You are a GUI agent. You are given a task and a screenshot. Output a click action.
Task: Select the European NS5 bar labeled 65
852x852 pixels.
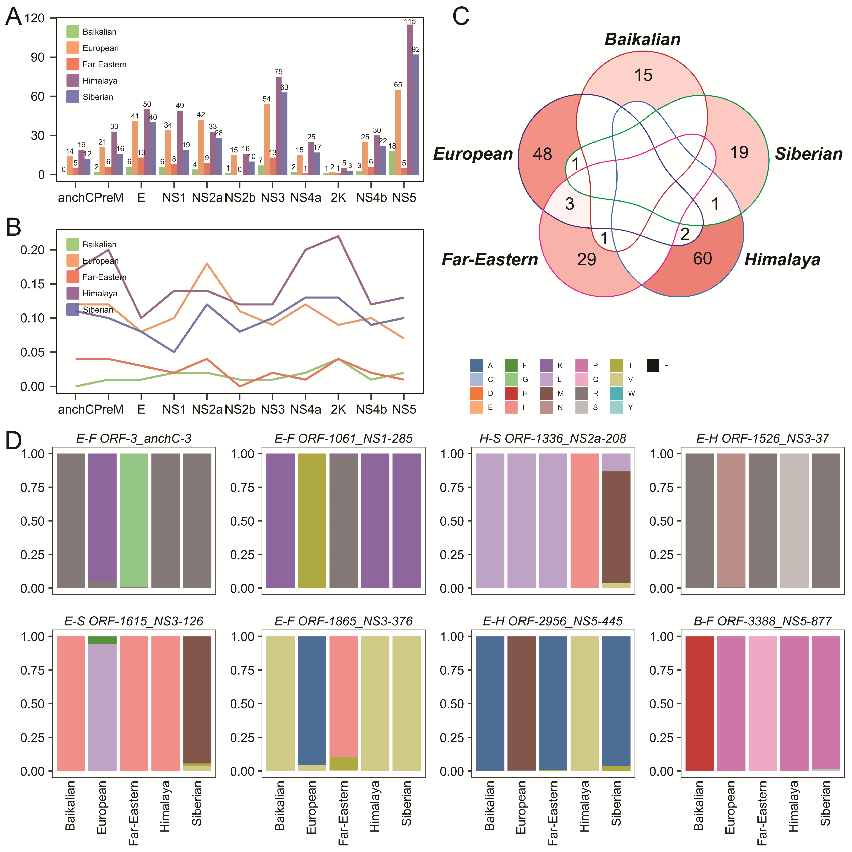[x=398, y=132]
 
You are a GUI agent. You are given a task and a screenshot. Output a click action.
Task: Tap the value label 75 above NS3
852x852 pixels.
[x=278, y=71]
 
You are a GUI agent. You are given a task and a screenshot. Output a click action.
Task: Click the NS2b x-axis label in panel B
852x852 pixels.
[x=240, y=410]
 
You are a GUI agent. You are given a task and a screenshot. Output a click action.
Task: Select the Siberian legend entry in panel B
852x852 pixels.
[x=97, y=310]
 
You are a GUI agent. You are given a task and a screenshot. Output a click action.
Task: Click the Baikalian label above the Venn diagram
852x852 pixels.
[x=643, y=39]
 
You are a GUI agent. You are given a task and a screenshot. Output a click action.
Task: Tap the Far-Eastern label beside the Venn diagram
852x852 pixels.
[x=490, y=259]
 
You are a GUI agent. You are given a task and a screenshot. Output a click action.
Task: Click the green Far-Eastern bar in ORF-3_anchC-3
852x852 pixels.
[x=134, y=520]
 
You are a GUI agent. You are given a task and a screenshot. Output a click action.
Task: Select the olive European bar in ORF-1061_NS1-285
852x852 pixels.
[x=312, y=520]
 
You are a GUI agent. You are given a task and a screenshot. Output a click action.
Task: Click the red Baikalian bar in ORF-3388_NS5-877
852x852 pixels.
[x=699, y=703]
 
